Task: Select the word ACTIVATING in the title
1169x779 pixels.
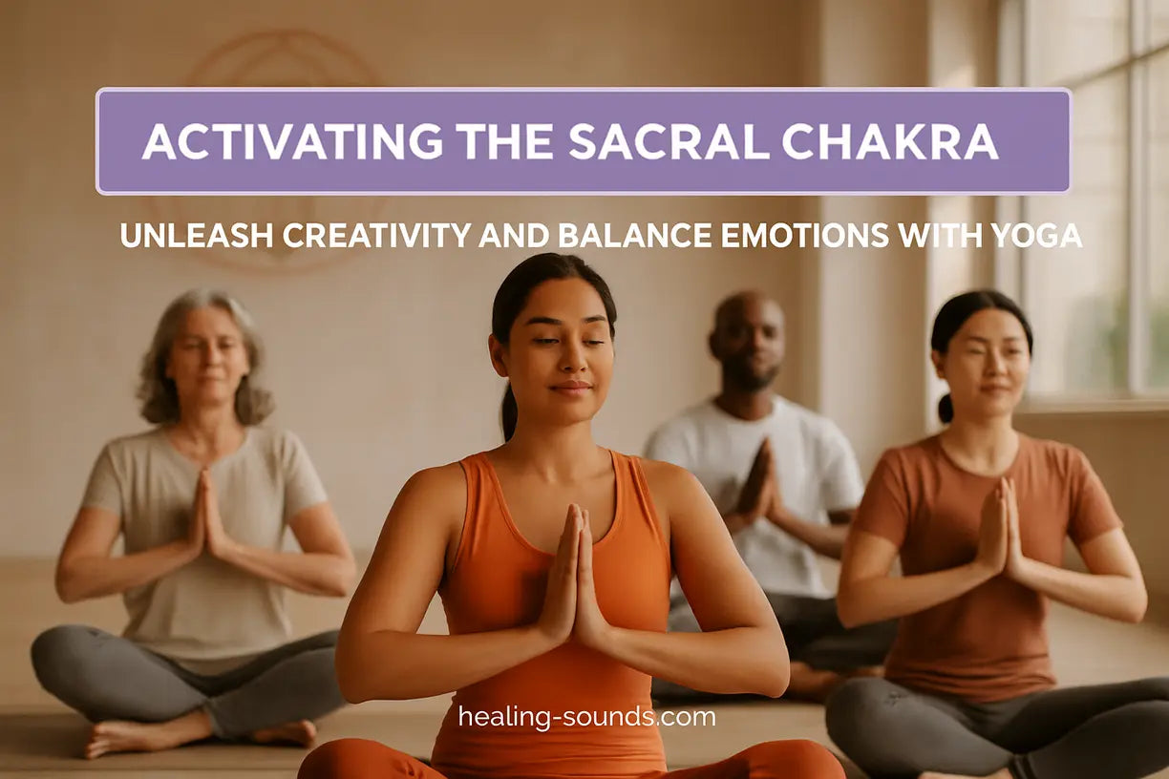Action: click(292, 141)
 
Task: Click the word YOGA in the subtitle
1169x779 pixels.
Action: click(1038, 235)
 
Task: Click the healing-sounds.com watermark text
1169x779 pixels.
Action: click(586, 716)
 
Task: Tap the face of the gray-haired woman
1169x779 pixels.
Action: click(206, 356)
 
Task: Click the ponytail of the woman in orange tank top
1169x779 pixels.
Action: click(509, 411)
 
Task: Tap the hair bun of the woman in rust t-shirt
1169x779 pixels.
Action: click(945, 408)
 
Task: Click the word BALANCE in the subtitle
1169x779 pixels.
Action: click(620, 235)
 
